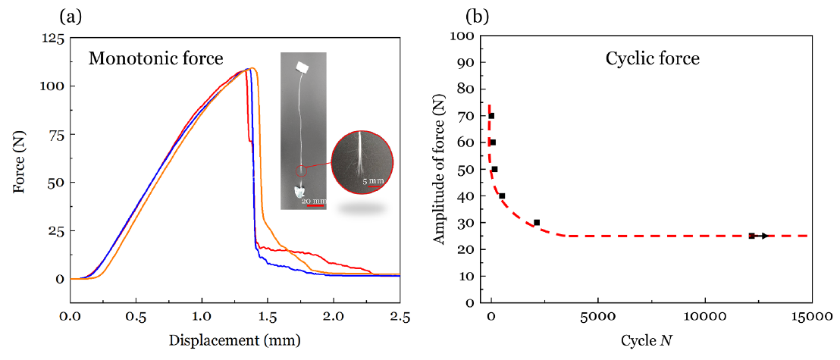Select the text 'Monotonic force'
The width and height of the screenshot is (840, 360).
coord(156,58)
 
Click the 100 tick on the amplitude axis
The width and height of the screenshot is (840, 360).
coord(463,36)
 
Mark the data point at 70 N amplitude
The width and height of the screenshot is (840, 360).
coord(491,116)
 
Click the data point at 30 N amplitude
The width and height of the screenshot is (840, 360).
coord(537,223)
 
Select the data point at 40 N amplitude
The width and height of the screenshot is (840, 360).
coord(502,196)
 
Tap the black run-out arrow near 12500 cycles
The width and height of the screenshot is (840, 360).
coord(761,236)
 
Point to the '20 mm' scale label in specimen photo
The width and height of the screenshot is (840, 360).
coord(313,201)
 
